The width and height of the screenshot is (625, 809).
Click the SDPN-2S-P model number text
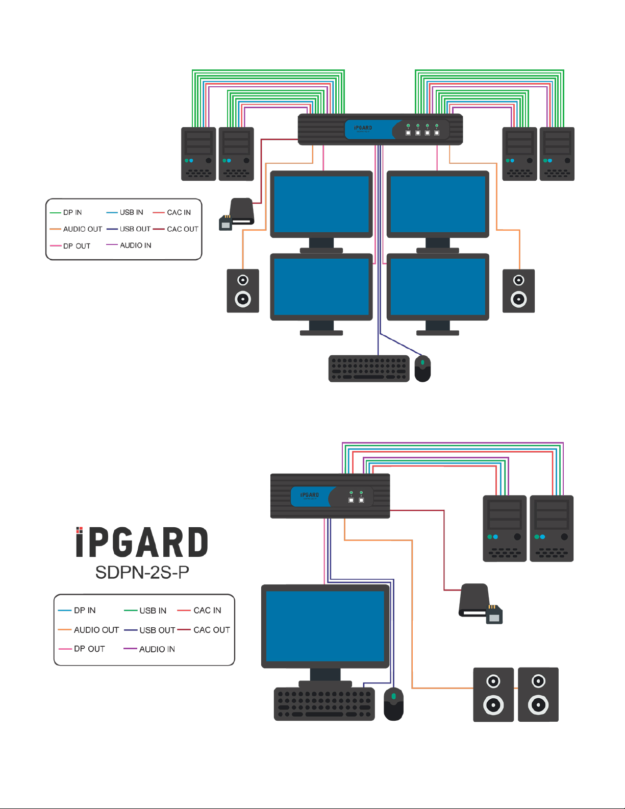142,572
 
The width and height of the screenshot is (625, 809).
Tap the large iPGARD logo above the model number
142,542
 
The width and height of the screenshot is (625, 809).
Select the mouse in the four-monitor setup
422,369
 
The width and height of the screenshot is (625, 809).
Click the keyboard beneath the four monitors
369,369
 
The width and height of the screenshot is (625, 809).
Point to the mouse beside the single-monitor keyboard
393,704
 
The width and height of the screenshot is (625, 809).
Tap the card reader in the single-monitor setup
480,603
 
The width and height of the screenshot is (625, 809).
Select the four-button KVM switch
380,130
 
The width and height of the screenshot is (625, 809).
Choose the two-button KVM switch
330,496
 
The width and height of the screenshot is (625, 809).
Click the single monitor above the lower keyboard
325,626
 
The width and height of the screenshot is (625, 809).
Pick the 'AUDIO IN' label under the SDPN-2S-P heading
157,649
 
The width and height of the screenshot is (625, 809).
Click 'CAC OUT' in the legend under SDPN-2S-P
211,630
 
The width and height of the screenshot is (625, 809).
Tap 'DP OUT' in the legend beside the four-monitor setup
77,246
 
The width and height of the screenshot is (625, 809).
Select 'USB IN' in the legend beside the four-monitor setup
131,212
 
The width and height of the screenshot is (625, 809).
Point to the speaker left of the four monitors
243,291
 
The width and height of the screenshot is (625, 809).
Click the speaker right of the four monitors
518,291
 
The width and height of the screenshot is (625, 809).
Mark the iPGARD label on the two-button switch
310,495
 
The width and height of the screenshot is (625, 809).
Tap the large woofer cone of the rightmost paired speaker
538,705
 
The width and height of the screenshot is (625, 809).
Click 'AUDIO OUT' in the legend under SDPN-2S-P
96,630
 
